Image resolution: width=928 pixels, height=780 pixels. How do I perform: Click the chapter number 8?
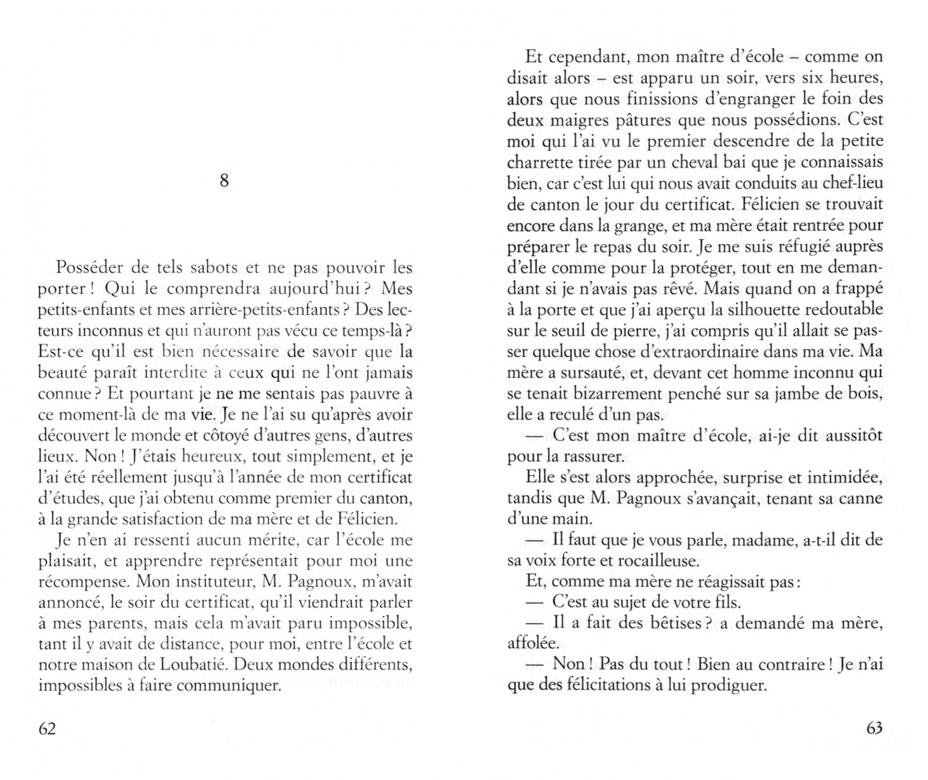click(224, 181)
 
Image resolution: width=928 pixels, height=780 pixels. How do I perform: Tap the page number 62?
click(47, 728)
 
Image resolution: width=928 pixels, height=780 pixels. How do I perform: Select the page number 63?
click(874, 728)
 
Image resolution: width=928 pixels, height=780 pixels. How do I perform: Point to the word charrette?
click(541, 162)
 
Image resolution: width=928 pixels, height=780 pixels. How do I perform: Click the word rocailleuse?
click(656, 560)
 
